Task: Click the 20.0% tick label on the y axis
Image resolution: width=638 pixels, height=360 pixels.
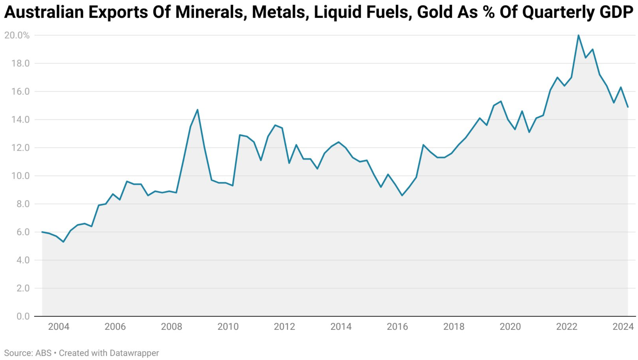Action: pyautogui.click(x=17, y=36)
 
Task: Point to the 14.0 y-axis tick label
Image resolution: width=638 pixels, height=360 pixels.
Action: pyautogui.click(x=20, y=120)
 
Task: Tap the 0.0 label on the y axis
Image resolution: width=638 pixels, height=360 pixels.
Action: pyautogui.click(x=23, y=316)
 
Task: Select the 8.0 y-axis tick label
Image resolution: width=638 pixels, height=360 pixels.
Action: pyautogui.click(x=23, y=204)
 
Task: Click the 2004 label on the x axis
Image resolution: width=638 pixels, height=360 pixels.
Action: pyautogui.click(x=59, y=327)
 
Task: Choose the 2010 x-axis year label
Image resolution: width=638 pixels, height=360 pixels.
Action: pyautogui.click(x=228, y=327)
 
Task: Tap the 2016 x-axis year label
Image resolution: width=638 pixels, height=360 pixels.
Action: pyautogui.click(x=397, y=327)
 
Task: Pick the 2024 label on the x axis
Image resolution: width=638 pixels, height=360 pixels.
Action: pyautogui.click(x=623, y=327)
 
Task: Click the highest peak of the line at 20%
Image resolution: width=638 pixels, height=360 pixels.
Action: pyautogui.click(x=579, y=36)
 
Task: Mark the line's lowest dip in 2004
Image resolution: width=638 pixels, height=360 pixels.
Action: pyautogui.click(x=63, y=242)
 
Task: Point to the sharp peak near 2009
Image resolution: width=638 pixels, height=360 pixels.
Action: pyautogui.click(x=197, y=110)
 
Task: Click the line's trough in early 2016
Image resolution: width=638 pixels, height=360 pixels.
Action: pyautogui.click(x=402, y=195)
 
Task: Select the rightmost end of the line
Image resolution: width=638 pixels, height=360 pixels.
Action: pyautogui.click(x=628, y=107)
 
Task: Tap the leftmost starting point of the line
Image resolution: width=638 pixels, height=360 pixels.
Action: pyautogui.click(x=42, y=232)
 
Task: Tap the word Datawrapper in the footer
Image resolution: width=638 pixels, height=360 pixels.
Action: pyautogui.click(x=134, y=353)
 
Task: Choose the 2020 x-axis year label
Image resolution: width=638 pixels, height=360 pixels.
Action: pyautogui.click(x=510, y=327)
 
